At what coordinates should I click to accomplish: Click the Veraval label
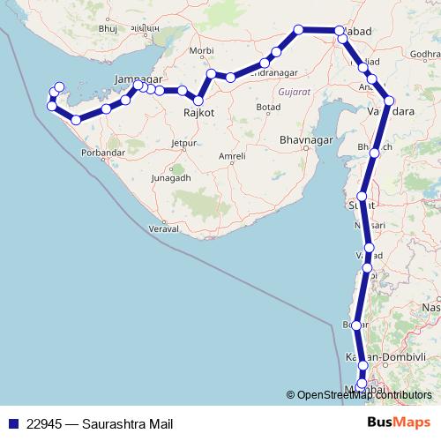click(x=164, y=228)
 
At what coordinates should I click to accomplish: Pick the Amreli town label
click(x=233, y=156)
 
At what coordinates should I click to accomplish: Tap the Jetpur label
click(x=183, y=142)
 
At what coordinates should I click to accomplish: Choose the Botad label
click(x=267, y=107)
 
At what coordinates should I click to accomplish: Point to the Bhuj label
click(x=108, y=29)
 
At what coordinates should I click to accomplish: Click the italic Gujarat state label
click(x=293, y=91)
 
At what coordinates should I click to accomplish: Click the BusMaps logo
click(x=399, y=422)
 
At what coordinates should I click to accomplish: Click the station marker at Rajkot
click(x=199, y=101)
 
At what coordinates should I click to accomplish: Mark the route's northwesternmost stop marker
click(x=59, y=86)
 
